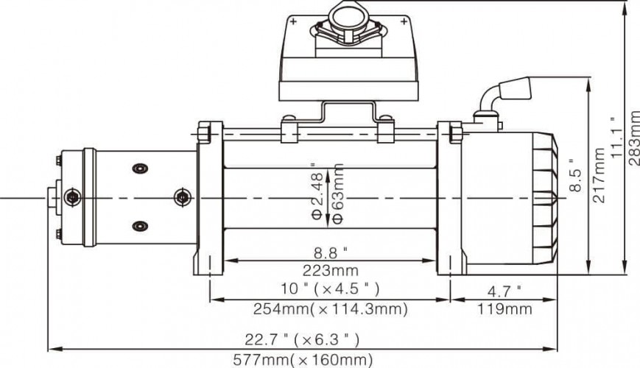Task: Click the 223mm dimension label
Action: (330, 271)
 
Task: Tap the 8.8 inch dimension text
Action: (331, 253)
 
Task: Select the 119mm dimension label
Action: (504, 309)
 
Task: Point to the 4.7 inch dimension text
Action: (504, 291)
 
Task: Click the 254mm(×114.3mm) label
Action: (330, 309)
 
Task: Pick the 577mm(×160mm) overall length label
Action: (303, 360)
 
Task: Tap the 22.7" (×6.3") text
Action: (302, 339)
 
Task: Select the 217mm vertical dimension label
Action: (599, 175)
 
